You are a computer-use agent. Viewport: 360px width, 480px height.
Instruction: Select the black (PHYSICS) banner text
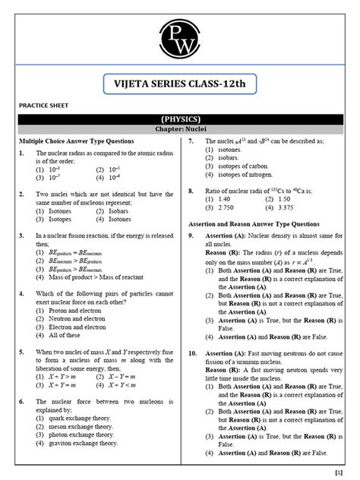180,119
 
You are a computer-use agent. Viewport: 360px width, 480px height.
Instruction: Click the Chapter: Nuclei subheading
180,131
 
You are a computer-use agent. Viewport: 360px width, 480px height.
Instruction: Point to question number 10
193,353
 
